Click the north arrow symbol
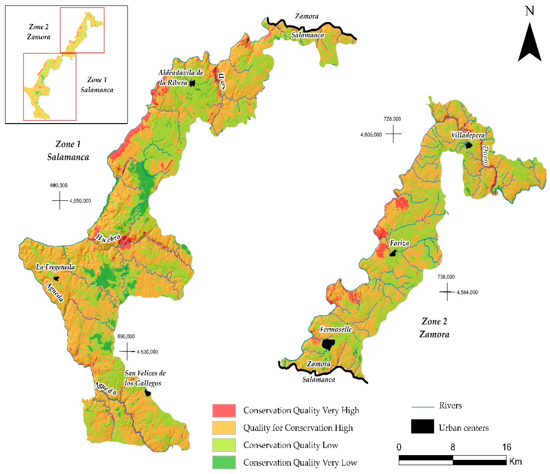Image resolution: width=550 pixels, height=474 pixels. (529, 44)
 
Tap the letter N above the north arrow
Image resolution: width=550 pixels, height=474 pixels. (530, 11)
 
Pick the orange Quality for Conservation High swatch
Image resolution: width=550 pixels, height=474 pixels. (224, 428)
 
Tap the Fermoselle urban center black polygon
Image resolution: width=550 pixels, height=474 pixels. (328, 344)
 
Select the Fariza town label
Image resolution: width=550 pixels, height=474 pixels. (399, 243)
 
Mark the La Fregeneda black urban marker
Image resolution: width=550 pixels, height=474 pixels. (56, 279)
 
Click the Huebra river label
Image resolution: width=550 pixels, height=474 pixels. (108, 238)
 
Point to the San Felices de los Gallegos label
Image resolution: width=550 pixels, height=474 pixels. (145, 378)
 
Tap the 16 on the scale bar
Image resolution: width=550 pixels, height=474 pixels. (506, 447)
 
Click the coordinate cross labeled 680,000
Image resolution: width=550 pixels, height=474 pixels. (60, 201)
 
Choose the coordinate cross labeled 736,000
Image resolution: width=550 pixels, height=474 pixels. (447, 292)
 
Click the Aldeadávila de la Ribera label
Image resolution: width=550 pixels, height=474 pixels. (181, 77)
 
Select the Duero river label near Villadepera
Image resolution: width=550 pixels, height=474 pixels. (485, 156)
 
